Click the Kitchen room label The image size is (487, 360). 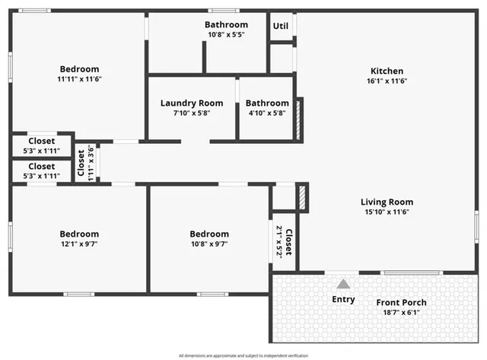387,71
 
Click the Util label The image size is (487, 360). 280,26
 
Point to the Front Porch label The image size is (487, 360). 401,302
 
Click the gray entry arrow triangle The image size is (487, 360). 344,284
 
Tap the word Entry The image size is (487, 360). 343,299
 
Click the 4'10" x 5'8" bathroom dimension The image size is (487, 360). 266,113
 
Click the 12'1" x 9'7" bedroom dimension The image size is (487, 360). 79,244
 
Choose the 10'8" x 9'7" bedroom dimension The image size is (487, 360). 208,244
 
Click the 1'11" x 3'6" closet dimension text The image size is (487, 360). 90,161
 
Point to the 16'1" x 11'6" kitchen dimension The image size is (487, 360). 387,81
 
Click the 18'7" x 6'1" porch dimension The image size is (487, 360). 401,312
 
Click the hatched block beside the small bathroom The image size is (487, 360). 299,119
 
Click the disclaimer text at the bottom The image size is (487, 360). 243,355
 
